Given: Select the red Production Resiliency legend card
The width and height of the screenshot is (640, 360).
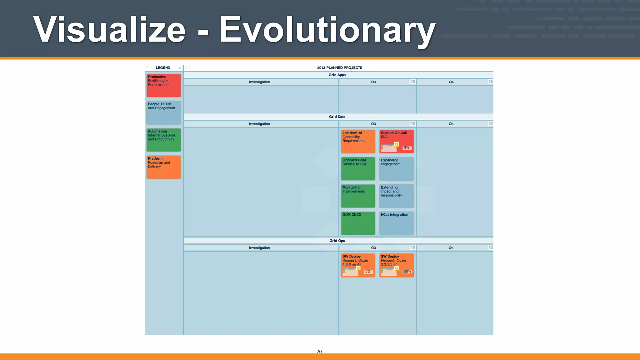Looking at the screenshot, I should [163, 85].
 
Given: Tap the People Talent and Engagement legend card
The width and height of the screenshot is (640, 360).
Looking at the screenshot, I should [163, 112].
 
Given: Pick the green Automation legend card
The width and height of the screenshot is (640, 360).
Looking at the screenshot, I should [163, 140].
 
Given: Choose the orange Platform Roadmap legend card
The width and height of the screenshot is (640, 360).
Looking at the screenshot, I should [163, 167].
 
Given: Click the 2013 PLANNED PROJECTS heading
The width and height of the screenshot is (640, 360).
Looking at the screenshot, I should [339, 67].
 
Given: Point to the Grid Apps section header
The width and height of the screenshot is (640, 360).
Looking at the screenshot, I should [337, 75].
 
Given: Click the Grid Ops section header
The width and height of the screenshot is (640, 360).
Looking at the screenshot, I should [337, 241].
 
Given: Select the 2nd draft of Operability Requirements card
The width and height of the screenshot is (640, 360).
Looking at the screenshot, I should [358, 141].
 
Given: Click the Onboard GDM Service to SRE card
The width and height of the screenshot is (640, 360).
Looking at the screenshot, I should [358, 168].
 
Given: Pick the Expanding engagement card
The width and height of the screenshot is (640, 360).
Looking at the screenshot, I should [396, 168].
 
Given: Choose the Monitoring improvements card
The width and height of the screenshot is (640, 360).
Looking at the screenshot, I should [358, 196].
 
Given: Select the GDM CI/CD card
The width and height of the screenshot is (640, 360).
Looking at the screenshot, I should [358, 223].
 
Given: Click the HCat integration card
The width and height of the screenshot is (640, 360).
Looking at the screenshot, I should [396, 223].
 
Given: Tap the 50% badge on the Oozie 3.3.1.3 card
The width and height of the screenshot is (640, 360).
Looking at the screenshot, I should [407, 272].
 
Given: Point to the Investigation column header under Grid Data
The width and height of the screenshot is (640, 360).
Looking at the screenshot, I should [259, 124].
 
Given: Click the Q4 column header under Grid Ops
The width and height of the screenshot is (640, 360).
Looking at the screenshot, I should [451, 248].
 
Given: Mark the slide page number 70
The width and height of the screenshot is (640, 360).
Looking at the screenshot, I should [319, 352].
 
